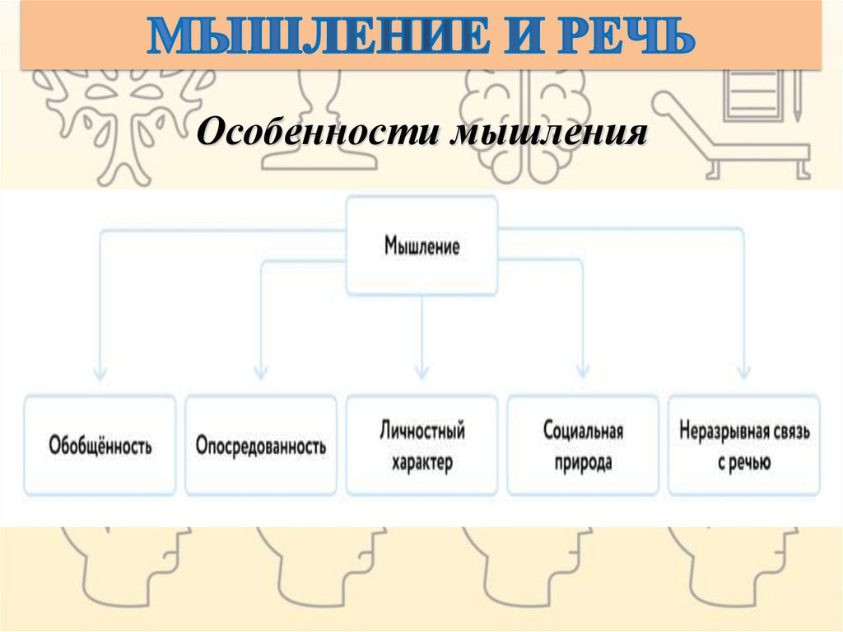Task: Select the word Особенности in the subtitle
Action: coord(317,132)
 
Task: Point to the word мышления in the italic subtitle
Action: coord(544,132)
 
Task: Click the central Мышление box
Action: coord(421,246)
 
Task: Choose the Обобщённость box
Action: coord(100,446)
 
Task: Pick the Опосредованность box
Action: coord(261,446)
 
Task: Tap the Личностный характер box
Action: coord(421,446)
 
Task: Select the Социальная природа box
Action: coord(583,446)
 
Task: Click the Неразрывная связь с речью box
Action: coord(745,446)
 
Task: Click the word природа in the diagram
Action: coord(583,461)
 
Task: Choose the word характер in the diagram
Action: coord(421,462)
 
